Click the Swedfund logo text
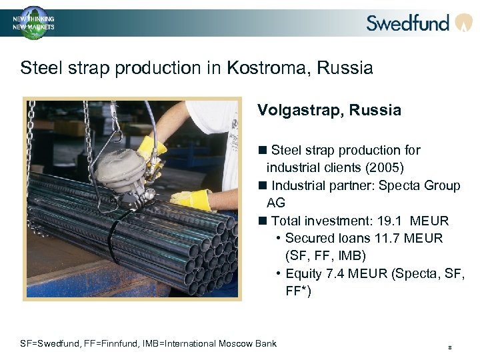[x=407, y=23]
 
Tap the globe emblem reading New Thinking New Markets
[x=33, y=22]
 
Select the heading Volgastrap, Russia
[x=329, y=111]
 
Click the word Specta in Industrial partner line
[x=398, y=185]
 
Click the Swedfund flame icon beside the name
[x=463, y=23]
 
